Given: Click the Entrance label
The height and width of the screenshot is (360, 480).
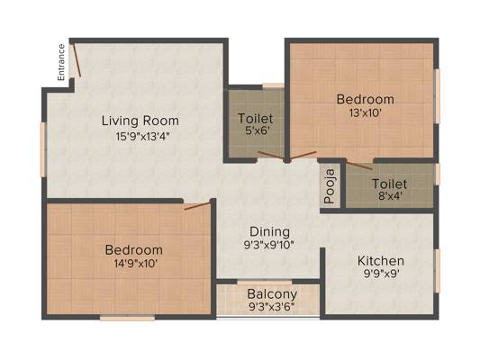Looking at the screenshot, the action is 61,62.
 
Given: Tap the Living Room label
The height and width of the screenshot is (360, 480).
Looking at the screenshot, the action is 140,121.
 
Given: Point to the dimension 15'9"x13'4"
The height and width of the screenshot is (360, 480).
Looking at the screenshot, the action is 140,137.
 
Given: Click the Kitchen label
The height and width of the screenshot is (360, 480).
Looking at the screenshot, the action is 381,261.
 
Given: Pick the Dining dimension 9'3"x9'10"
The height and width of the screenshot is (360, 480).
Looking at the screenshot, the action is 269,245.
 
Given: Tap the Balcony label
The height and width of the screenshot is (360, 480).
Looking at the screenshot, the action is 272,294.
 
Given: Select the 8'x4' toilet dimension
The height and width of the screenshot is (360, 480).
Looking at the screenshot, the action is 390,196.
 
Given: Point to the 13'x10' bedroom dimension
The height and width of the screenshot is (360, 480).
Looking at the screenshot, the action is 366,113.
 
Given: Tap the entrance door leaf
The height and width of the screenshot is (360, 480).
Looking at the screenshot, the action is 77,60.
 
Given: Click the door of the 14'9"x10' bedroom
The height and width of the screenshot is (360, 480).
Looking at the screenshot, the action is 197,205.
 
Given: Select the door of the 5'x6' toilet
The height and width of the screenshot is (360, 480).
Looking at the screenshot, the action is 272,155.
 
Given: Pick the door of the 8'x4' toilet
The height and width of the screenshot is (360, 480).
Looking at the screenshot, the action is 359,165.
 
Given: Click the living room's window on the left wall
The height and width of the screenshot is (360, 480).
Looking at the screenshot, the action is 43,149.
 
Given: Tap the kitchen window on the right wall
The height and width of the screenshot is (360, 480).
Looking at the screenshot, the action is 437,270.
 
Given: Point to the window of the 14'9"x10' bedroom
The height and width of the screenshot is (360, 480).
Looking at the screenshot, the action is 127,318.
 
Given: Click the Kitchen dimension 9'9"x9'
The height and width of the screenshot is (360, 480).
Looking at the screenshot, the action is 381,274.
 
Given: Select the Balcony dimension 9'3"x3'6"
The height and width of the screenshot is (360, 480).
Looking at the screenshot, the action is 272,307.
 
